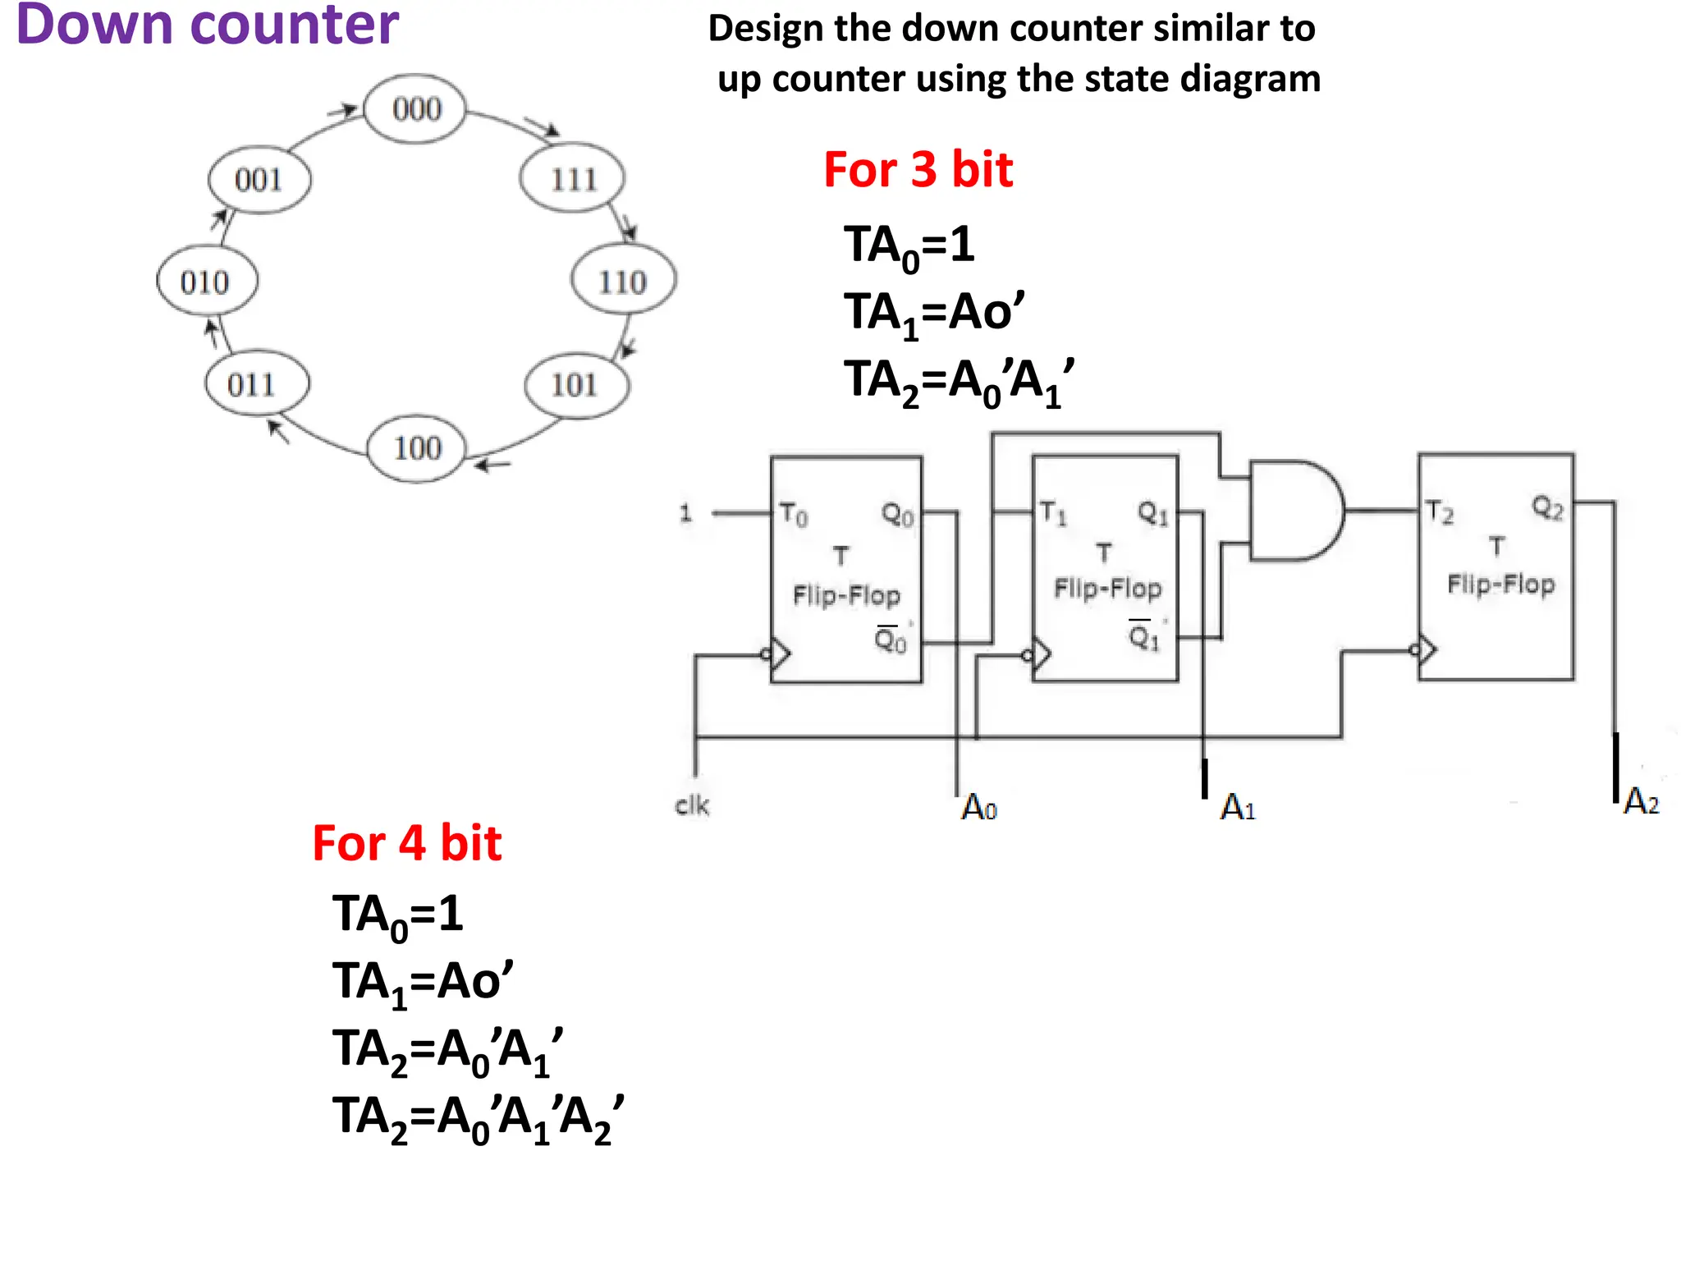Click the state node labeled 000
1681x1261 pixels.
point(415,109)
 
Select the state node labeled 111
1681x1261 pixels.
point(573,178)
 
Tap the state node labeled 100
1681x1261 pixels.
point(417,448)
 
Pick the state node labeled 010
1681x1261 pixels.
point(206,282)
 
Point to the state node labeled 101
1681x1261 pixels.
point(575,384)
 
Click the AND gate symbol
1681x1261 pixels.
point(1295,511)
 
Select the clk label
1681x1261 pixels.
point(692,805)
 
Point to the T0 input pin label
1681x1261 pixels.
point(793,514)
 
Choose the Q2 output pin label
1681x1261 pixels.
point(1547,507)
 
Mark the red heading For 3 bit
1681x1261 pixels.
point(918,170)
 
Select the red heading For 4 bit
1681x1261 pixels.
point(406,843)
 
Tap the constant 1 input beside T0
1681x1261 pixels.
point(686,514)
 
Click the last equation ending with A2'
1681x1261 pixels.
point(478,1118)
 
